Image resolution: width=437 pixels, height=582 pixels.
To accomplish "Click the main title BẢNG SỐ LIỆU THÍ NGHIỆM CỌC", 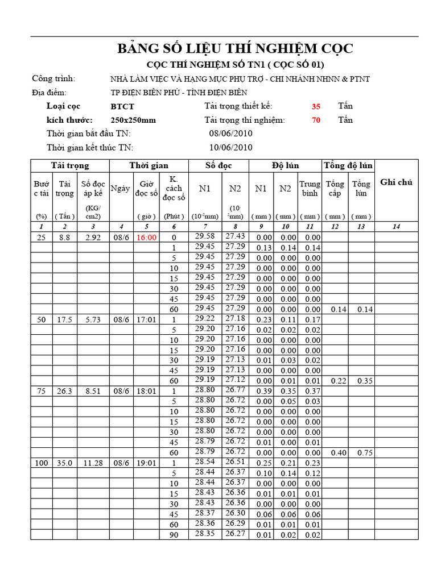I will point(235,49).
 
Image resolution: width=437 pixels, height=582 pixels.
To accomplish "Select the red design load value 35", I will point(316,106).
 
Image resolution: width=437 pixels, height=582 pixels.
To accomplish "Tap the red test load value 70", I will point(316,120).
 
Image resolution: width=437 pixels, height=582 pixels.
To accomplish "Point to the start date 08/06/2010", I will point(231,134).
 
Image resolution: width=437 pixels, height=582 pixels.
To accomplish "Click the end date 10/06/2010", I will point(231,147).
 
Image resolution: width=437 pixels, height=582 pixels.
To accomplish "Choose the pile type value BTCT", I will point(123,106).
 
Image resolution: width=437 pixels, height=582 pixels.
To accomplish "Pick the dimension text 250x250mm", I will point(133,120).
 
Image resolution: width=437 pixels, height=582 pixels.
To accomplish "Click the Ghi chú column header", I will point(397,182).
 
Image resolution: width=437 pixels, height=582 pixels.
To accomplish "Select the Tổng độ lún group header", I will point(348,165).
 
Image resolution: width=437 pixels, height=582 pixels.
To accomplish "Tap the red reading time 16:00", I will point(146,238).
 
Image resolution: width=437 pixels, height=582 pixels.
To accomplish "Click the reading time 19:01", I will point(146,463).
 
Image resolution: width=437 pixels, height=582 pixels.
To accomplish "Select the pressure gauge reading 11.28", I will point(91,463).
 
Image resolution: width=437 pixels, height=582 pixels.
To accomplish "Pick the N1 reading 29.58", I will point(205,236).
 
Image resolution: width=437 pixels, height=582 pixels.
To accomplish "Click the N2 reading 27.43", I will point(235,236).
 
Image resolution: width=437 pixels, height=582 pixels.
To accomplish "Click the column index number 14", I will point(397,227).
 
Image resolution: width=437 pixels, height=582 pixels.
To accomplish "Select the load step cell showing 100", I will point(42,463).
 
